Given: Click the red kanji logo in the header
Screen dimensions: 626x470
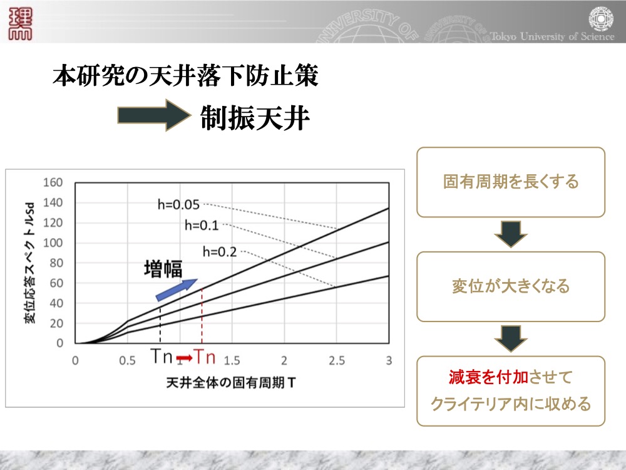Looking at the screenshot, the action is (x=20, y=24).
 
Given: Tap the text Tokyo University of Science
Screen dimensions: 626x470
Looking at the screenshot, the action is (x=552, y=36).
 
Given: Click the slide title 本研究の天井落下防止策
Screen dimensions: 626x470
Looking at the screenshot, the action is (x=185, y=76).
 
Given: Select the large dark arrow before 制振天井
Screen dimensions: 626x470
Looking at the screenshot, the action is (x=154, y=115).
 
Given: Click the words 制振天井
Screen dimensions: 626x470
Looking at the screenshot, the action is (x=255, y=118).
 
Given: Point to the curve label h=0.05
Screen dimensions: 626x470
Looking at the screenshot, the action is (x=178, y=205).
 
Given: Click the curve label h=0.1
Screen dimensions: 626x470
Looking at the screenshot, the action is (x=202, y=226).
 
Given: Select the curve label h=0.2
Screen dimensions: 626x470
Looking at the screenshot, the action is (x=220, y=252).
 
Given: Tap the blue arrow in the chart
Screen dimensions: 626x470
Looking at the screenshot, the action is (x=177, y=290).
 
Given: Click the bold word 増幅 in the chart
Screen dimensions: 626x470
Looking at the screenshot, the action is (x=163, y=269).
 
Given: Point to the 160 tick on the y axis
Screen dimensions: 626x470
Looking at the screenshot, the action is (x=53, y=182).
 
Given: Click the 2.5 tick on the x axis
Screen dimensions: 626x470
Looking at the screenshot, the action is (x=337, y=360).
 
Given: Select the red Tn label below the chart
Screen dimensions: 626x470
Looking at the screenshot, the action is (x=205, y=356).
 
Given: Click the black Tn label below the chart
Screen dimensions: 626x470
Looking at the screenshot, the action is (x=162, y=356).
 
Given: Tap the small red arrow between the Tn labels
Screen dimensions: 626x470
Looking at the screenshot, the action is (x=185, y=357).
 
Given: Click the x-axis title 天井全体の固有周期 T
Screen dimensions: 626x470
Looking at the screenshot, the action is (x=231, y=383).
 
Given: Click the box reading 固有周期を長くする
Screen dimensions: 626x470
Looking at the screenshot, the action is (x=511, y=182).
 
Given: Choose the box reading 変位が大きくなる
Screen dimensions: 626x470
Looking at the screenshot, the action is (x=511, y=286).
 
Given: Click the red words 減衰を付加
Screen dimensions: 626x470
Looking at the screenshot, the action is (x=489, y=377).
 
